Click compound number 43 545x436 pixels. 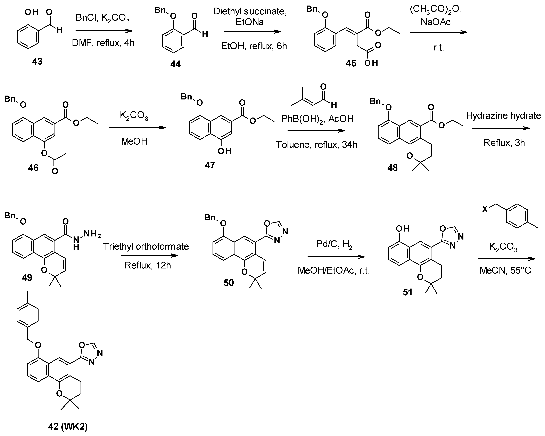click(x=37, y=61)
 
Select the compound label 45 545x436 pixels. click(x=351, y=63)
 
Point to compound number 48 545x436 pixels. click(x=392, y=167)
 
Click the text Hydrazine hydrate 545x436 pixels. click(x=504, y=116)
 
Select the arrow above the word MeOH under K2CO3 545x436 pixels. click(x=137, y=128)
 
